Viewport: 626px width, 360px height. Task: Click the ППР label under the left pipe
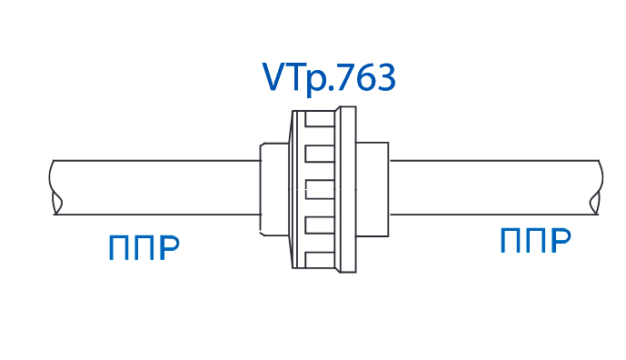pyautogui.click(x=144, y=247)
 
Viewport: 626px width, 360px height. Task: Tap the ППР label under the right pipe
pyautogui.click(x=535, y=241)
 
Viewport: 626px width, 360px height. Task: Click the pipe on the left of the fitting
pyautogui.click(x=154, y=187)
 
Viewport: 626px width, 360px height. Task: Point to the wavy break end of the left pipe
pyautogui.click(x=56, y=187)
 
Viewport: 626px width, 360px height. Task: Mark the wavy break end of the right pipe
pyautogui.click(x=595, y=187)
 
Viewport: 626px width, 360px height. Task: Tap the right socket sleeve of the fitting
pyautogui.click(x=372, y=187)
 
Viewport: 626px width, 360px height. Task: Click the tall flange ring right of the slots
pyautogui.click(x=346, y=189)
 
